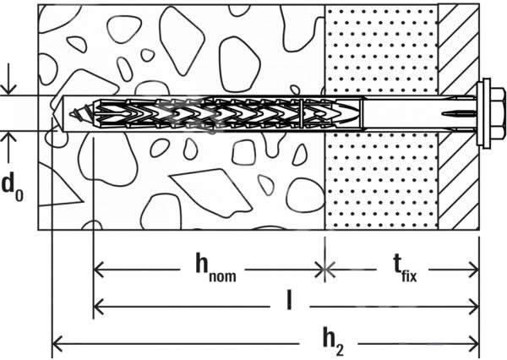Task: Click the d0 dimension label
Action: (x=13, y=188)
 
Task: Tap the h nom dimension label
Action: (x=215, y=268)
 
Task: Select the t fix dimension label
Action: (x=405, y=269)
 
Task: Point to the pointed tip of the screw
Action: (x=70, y=113)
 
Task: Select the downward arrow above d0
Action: (x=8, y=79)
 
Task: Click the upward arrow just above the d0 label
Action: (x=8, y=147)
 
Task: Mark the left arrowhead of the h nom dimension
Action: (x=98, y=270)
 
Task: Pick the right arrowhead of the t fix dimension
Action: (x=474, y=270)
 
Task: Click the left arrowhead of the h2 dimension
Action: (x=57, y=344)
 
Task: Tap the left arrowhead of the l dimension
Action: (x=98, y=306)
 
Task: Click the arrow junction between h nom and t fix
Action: (x=325, y=270)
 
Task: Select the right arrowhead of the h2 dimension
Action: (x=474, y=344)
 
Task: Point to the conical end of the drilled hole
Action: (x=57, y=113)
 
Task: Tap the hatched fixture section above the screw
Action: (x=459, y=48)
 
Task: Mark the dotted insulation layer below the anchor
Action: (x=382, y=181)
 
